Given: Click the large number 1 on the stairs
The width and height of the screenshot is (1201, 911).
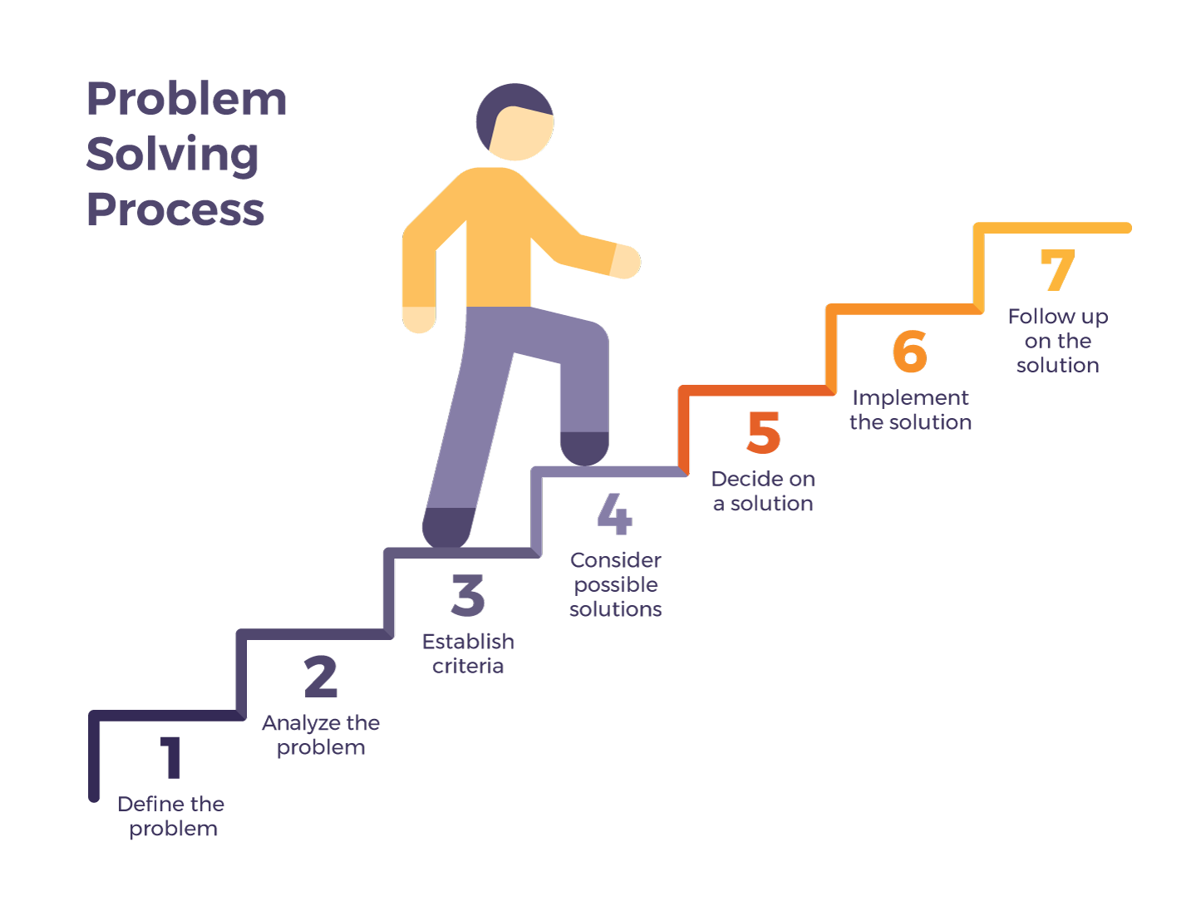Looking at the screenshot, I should (x=172, y=757).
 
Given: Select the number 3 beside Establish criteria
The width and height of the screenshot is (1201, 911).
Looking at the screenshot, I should (x=468, y=595).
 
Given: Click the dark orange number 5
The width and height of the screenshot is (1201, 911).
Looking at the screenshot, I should (x=763, y=432).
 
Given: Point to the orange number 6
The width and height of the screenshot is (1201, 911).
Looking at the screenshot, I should (x=910, y=351).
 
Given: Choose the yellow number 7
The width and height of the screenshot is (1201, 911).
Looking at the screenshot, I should (x=1058, y=270).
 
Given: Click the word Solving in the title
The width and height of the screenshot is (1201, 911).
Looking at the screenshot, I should (x=173, y=155).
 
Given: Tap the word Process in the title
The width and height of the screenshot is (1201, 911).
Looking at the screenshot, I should (x=175, y=209).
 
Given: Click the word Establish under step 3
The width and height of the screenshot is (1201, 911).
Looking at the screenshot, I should (x=468, y=642).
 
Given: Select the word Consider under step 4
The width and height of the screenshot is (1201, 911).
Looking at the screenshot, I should (x=616, y=560).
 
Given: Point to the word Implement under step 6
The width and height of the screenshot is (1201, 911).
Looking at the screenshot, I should (x=910, y=397).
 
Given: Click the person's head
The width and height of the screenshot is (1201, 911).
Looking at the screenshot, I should (x=515, y=122).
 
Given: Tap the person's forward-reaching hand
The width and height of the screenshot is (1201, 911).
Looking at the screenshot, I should (x=626, y=261).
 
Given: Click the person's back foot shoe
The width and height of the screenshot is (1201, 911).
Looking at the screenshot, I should (x=447, y=528).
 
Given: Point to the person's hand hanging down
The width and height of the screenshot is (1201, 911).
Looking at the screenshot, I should (x=419, y=319).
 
